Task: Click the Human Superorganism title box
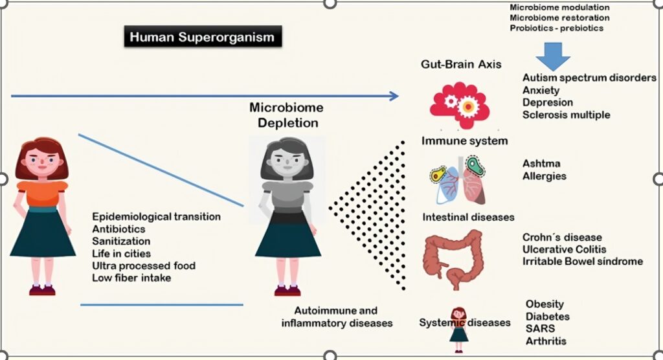(x=202, y=37)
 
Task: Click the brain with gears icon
(x=458, y=104)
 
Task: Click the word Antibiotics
(x=118, y=229)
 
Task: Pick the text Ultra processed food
(x=143, y=265)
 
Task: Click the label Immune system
(x=464, y=141)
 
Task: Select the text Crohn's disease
(x=562, y=237)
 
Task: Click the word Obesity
(x=545, y=304)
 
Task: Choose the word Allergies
(x=545, y=176)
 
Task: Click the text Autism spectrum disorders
(x=589, y=78)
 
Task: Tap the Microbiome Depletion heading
(x=286, y=115)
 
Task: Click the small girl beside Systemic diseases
(x=459, y=328)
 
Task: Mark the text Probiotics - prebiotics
(x=556, y=28)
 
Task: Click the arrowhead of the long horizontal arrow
(x=394, y=96)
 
